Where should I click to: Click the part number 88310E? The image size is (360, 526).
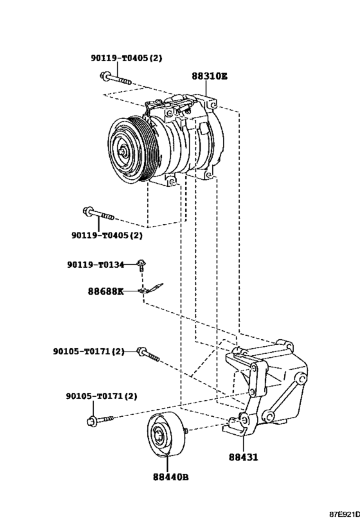pos(210,76)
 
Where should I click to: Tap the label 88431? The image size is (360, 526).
pos(244,457)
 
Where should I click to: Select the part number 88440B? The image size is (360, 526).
pos(170,477)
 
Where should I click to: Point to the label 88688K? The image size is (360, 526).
pos(106,291)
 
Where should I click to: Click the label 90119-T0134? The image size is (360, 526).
pos(96,265)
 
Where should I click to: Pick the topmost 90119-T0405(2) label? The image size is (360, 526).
pos(127,58)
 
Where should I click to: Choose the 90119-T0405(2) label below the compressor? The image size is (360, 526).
pos(107,236)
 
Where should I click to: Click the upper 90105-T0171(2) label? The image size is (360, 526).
pos(89,351)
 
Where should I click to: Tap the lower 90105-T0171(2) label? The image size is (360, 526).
pos(102,396)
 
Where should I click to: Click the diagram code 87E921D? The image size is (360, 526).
pos(344,514)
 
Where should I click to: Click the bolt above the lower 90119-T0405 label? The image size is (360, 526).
pos(98,215)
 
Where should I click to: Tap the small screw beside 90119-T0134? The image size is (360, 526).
pos(141,265)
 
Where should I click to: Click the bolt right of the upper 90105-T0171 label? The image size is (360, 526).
pos(148,355)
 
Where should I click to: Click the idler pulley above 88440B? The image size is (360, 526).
pos(166,434)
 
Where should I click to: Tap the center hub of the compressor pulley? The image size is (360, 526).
pos(123,152)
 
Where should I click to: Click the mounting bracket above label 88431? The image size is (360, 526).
pos(266,386)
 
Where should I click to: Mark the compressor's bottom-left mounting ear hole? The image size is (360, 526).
pos(172,182)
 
